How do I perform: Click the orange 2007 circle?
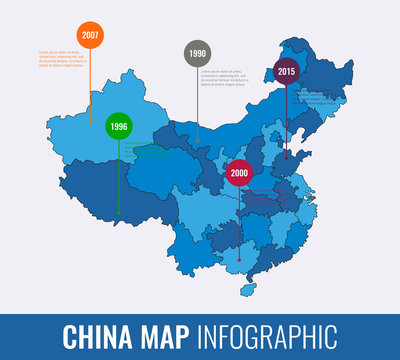(91, 35)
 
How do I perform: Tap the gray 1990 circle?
(196, 54)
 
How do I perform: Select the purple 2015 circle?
(287, 71)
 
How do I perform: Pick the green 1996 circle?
(119, 127)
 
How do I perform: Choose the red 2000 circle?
(239, 172)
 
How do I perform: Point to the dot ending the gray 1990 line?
(196, 140)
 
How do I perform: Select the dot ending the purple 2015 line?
(287, 158)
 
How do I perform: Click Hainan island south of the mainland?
(243, 288)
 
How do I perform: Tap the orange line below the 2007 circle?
(91, 75)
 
